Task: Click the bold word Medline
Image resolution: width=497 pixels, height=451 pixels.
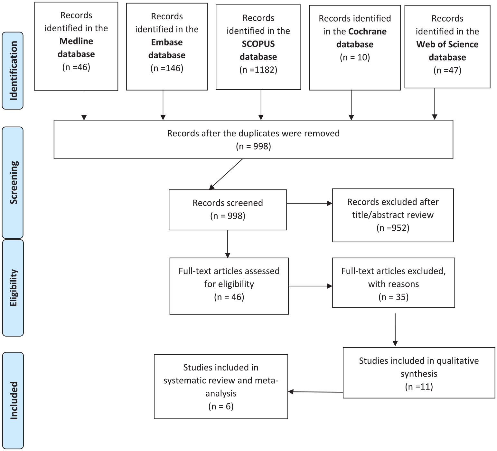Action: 76,41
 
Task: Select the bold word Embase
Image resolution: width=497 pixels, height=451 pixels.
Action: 167,42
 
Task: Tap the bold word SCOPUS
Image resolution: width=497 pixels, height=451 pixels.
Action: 258,44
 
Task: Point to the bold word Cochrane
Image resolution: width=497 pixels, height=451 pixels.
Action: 368,32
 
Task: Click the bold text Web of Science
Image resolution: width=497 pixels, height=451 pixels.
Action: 447,44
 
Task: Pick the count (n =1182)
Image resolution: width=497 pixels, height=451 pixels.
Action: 258,70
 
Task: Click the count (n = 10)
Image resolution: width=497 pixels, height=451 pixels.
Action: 355,57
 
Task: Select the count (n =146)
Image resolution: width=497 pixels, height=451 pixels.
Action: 167,68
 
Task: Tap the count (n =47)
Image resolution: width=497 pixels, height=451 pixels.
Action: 447,70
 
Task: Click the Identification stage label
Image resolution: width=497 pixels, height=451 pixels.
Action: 13,71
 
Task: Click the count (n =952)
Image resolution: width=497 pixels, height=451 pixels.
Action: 393,228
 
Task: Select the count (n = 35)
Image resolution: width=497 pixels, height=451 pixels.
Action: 393,297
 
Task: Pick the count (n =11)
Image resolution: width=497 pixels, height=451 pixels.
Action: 419,387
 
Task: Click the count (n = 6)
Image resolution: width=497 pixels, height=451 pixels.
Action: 221,407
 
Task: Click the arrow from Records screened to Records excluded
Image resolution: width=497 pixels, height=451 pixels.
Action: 309,203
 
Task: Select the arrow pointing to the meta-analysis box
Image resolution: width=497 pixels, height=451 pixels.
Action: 315,392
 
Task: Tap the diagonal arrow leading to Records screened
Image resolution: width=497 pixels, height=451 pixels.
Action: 226,174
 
